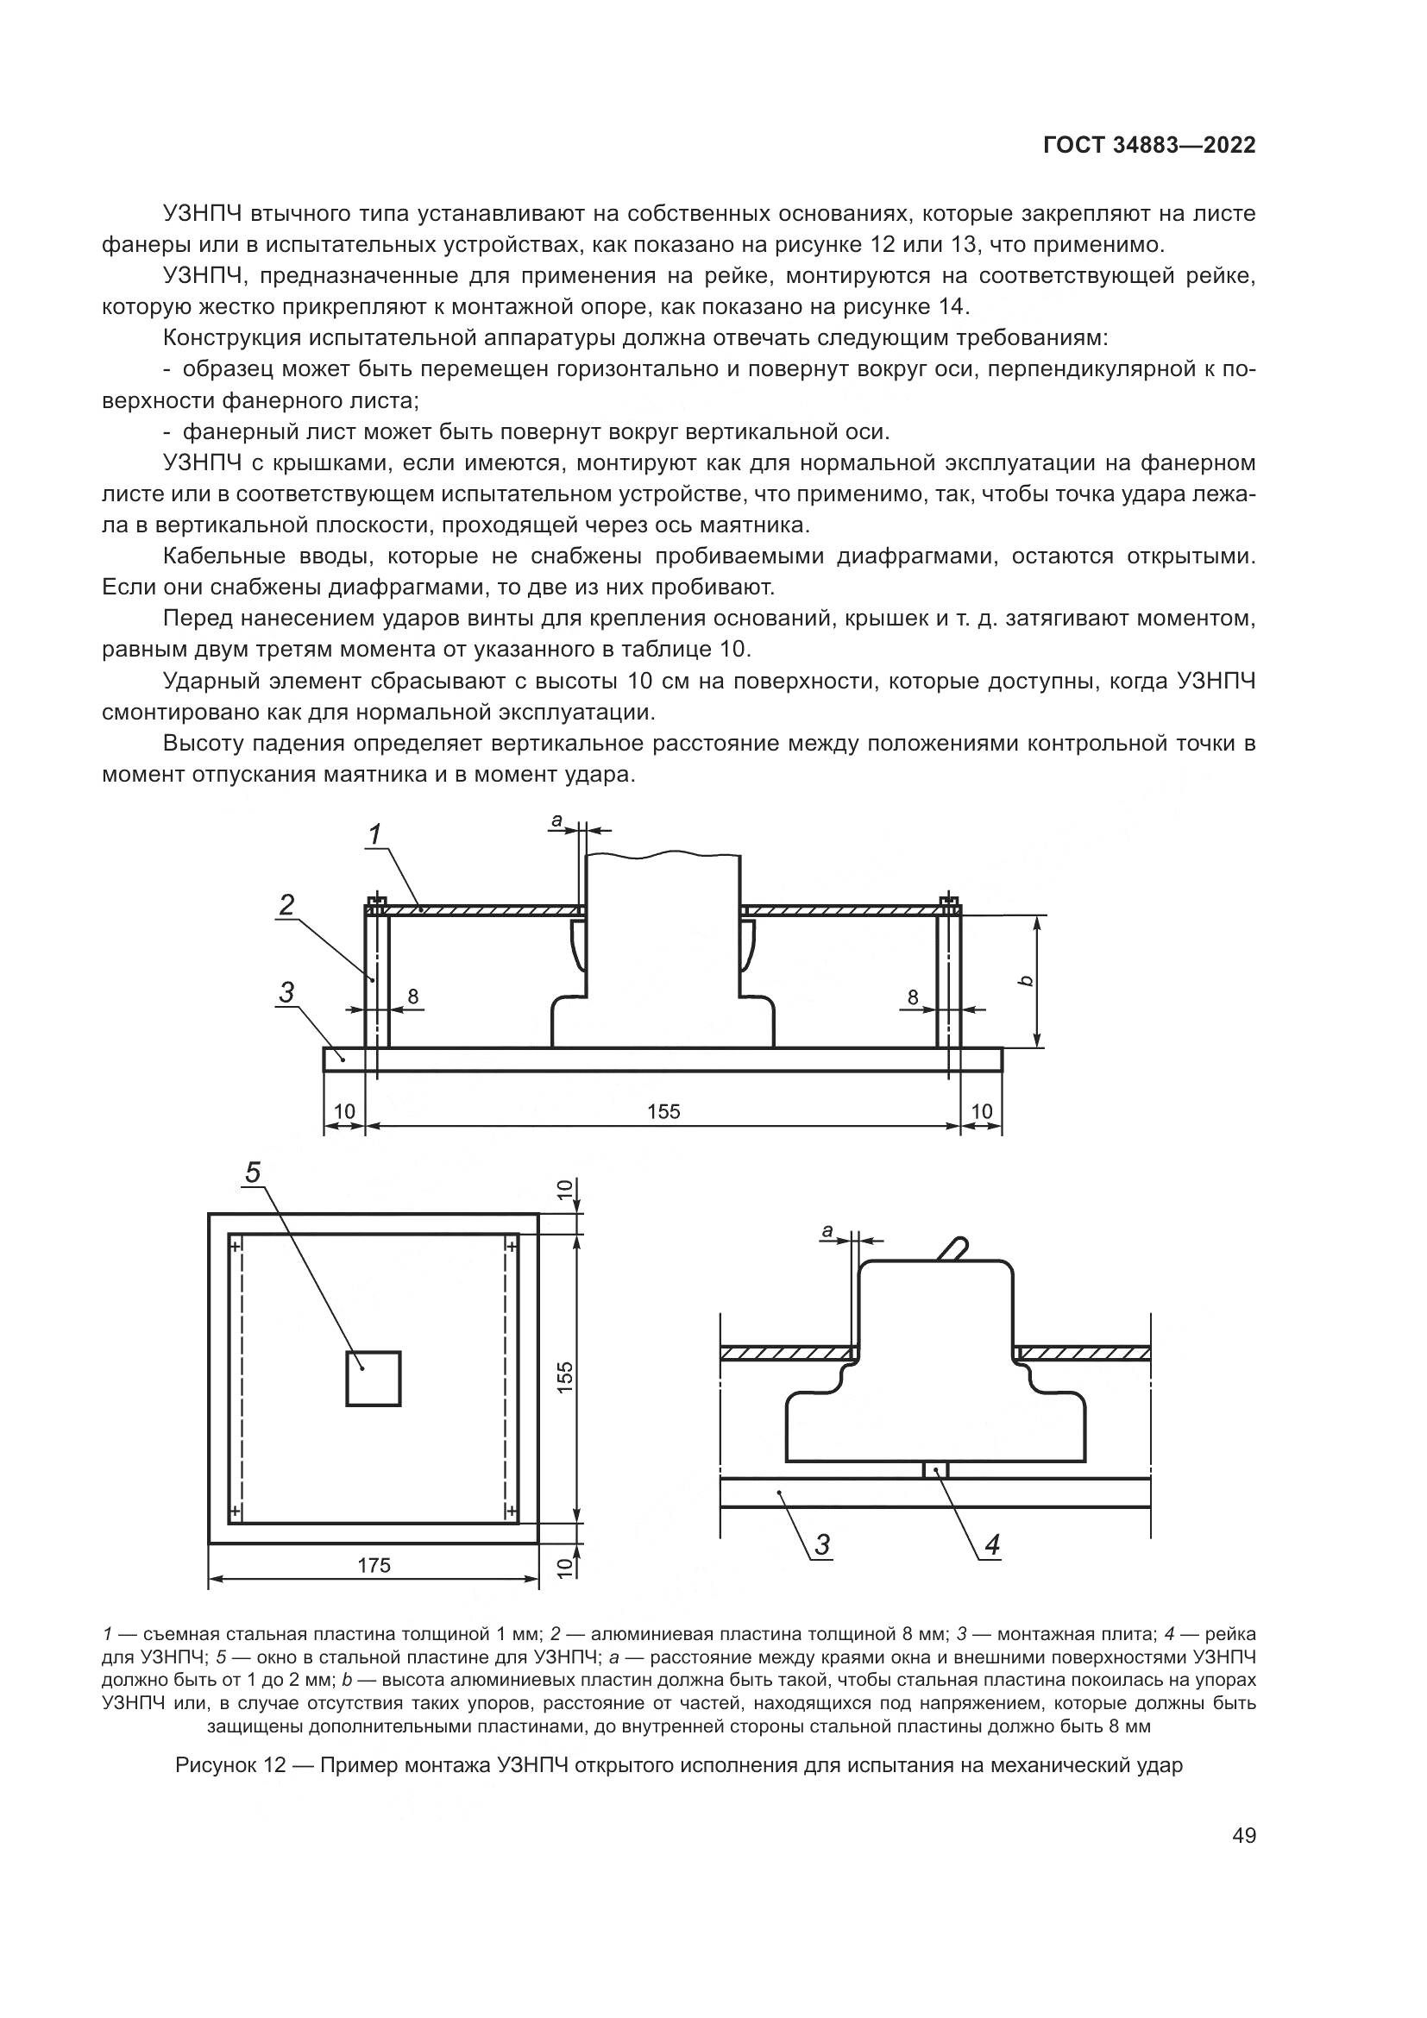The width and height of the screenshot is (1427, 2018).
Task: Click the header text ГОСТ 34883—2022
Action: tap(1148, 146)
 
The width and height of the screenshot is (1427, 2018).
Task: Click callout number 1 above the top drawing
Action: tap(375, 834)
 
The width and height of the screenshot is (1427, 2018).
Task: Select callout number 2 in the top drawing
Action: tap(287, 905)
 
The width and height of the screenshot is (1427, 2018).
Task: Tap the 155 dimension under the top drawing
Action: tap(663, 1112)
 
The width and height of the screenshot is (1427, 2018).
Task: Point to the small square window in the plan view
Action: tap(374, 1379)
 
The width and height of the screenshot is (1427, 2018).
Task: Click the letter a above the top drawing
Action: tap(556, 820)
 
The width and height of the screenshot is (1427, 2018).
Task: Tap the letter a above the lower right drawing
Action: tap(827, 1232)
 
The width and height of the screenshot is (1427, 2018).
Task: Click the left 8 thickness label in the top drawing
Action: tap(413, 996)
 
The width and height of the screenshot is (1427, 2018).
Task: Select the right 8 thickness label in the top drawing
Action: tap(913, 996)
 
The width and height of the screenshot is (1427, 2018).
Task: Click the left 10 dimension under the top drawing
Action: tap(344, 1112)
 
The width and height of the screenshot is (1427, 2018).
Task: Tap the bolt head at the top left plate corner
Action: tap(376, 902)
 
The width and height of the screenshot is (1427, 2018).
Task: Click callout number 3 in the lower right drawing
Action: tap(822, 1544)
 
